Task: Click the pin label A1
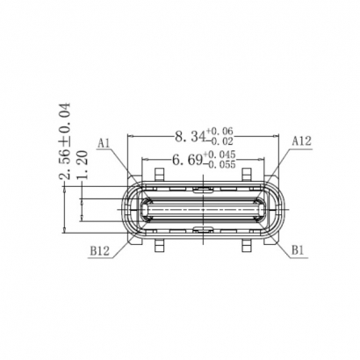tap(104, 142)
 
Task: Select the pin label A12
tap(301, 140)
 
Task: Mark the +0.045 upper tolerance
tap(220, 155)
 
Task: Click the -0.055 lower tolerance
tap(220, 164)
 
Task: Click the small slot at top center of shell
tap(202, 188)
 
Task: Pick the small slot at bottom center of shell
tap(202, 230)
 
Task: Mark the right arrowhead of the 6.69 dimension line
tap(261, 170)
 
